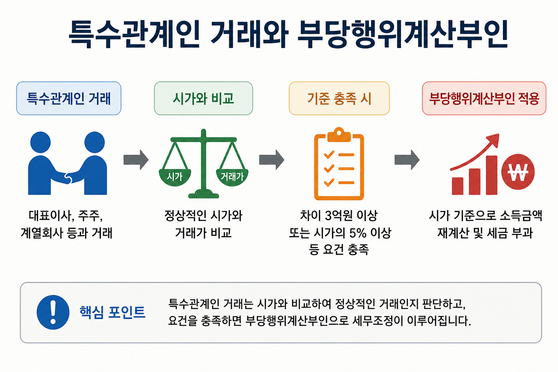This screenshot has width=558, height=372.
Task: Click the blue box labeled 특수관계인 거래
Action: tap(69, 98)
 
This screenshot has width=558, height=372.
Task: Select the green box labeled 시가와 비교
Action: tap(203, 98)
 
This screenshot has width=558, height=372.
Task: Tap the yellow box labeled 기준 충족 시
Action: tap(339, 98)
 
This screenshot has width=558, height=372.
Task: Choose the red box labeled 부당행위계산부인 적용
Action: tap(484, 98)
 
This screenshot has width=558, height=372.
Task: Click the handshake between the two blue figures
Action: tap(68, 178)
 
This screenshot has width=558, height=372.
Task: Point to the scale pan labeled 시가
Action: tap(175, 177)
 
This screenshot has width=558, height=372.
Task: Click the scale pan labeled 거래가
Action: tap(232, 177)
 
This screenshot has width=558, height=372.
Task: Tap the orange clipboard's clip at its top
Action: tap(339, 135)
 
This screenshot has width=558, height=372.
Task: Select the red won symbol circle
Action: tap(518, 172)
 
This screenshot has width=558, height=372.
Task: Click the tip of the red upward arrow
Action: tap(498, 134)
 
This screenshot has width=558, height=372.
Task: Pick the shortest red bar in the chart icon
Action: tap(457, 186)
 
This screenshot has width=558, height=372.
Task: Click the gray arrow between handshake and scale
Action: tap(136, 160)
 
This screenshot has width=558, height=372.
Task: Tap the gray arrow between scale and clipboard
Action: tap(271, 160)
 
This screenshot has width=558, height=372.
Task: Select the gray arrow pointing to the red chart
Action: tap(407, 160)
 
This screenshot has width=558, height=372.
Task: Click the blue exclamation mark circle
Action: tap(53, 312)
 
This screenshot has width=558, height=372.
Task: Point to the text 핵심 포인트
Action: tap(112, 312)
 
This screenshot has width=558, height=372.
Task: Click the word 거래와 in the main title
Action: tap(249, 34)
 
